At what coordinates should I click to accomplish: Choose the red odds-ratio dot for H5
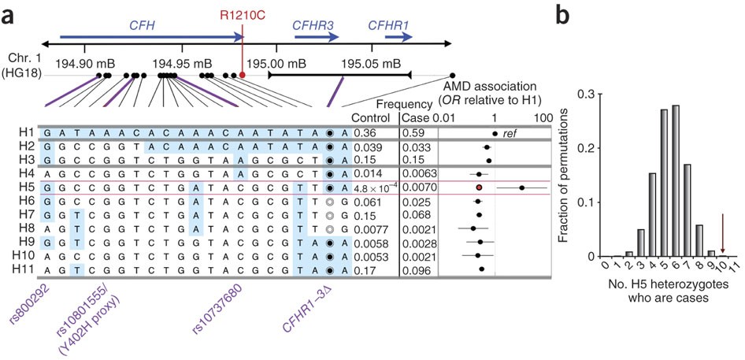pyautogui.click(x=478, y=187)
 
